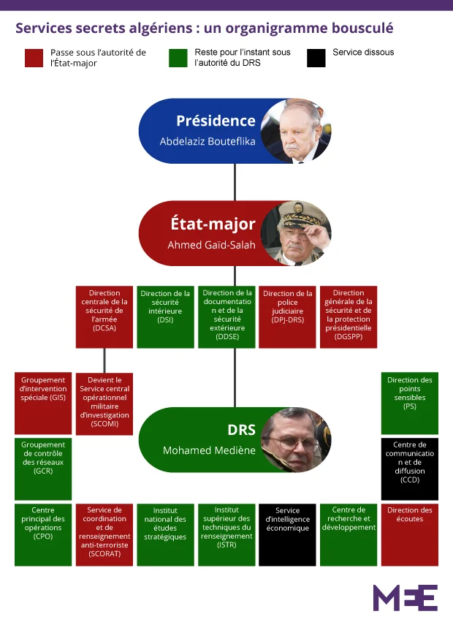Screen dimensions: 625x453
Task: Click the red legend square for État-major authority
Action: coord(34,58)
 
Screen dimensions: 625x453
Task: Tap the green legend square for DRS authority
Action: coord(178,58)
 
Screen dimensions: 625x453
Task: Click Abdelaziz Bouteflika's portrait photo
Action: coord(295,132)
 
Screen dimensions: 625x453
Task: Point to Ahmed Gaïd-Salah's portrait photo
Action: coord(295,233)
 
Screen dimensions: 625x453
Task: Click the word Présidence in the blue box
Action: coord(216,121)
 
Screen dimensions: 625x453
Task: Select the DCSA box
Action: coord(104,317)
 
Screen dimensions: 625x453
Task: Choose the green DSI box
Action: coord(165,317)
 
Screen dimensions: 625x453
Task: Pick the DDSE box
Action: coord(226,317)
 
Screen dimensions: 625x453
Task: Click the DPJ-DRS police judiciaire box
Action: coord(288,317)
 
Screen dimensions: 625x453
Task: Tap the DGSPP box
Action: coord(349,317)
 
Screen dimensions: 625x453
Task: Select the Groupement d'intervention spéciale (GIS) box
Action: coord(42,403)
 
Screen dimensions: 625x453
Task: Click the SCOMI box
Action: coord(104,403)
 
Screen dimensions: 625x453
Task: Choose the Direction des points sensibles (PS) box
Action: coord(410,403)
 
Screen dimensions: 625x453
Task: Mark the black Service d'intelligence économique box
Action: coord(288,534)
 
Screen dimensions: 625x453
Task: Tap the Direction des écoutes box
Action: coord(410,534)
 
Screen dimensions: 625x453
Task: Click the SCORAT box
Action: coord(104,534)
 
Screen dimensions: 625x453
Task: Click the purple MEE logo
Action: coord(405,597)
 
